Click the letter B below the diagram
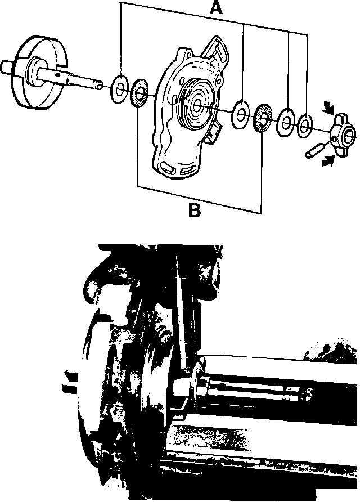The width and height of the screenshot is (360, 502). coord(193,210)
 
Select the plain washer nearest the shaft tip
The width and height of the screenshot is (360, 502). coord(119,88)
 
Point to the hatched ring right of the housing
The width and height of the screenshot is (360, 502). coord(262,117)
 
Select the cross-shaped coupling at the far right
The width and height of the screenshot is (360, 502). coord(341,132)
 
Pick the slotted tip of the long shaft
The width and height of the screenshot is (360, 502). coord(98,86)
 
